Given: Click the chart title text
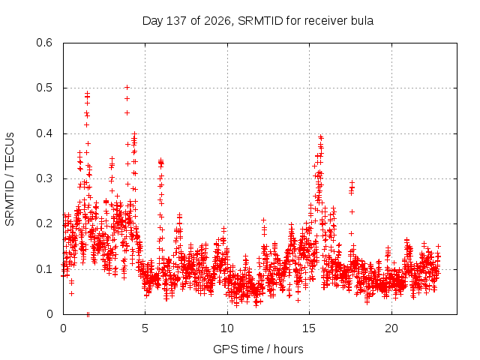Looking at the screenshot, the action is pos(258,21).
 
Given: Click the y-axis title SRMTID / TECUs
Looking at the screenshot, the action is pos(10,179).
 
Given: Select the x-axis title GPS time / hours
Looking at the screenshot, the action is pos(258,349).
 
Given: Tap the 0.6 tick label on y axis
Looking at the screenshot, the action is pos(44,43).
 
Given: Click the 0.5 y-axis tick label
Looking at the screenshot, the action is pos(44,88).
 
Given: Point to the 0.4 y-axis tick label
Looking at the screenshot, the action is pos(44,133).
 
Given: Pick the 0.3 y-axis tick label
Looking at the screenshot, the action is pos(44,178).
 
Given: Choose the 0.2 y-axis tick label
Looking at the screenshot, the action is pos(44,223).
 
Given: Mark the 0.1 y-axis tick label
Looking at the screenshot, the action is pos(44,269).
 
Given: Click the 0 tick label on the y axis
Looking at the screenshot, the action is pos(49,314).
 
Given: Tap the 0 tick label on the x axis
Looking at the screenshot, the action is pos(63,328).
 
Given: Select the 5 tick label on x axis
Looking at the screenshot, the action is pos(145,328).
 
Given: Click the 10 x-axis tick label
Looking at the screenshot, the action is pos(227,328).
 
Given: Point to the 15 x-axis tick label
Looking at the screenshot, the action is pos(309,328).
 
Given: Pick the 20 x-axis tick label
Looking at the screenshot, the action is pos(391,328).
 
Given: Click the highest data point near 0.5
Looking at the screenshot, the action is pos(127,88).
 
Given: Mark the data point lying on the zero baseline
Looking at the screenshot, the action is pos(88,314).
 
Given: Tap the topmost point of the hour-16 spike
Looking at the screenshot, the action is pos(321,136).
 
